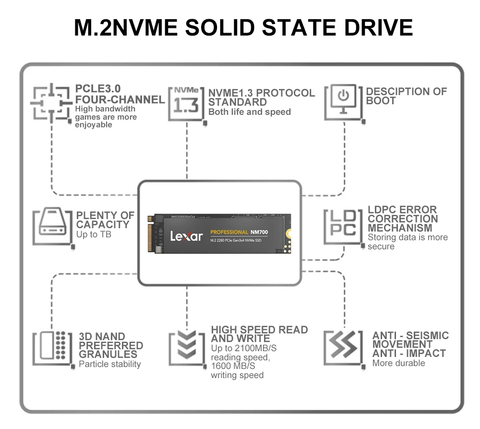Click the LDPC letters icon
coord(343,224)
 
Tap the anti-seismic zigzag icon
coord(343,346)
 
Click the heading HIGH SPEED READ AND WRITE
coord(259,334)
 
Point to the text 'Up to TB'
coord(94,234)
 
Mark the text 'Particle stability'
coord(110,364)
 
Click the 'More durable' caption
coord(398,363)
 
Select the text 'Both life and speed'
coord(249,112)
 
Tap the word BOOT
coord(381,101)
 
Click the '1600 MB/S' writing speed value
coord(233,366)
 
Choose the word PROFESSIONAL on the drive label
coord(229,232)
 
